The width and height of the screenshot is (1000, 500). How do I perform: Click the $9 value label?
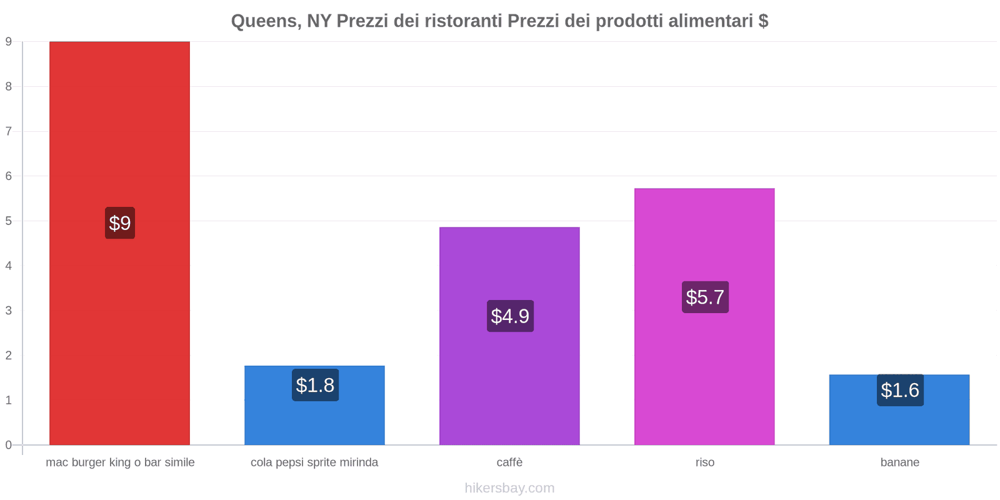120,223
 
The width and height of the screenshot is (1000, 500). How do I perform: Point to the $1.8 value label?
315,385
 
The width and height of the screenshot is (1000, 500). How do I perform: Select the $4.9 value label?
510,316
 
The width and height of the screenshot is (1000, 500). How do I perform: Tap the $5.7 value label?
705,297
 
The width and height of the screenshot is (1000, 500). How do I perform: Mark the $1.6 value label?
900,390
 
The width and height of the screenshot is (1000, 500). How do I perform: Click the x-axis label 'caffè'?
509,462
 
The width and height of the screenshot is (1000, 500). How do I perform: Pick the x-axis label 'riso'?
705,462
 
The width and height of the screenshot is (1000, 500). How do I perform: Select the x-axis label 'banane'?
899,462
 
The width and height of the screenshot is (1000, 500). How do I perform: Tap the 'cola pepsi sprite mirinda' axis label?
314,462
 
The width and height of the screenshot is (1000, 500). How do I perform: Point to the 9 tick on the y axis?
9,42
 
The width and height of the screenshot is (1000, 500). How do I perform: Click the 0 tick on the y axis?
9,445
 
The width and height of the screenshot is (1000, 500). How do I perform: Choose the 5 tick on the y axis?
9,221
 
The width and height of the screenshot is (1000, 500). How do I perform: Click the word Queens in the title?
265,21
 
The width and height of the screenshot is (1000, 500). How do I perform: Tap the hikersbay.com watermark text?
509,488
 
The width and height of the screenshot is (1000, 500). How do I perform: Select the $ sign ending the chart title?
763,21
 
